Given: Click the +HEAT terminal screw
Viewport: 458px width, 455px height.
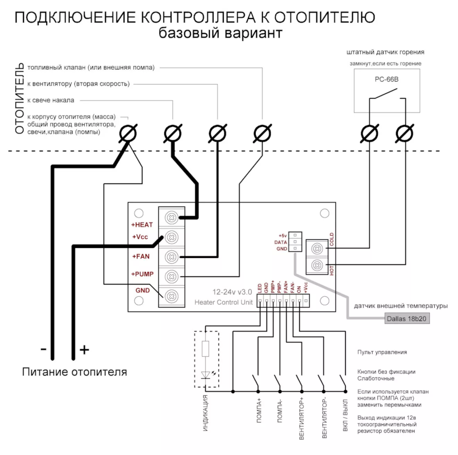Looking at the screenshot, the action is [172, 217].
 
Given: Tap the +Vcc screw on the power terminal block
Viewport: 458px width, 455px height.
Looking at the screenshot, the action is [172, 237].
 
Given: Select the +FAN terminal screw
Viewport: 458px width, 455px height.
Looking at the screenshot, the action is [172, 257].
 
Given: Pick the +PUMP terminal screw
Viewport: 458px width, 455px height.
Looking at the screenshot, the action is [172, 276].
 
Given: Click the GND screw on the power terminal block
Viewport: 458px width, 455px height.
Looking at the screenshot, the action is [172, 296].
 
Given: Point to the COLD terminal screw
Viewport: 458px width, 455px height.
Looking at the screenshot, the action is [317, 249].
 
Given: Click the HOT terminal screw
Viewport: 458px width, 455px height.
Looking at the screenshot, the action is [317, 265].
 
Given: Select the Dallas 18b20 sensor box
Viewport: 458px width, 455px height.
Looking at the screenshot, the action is [407, 319].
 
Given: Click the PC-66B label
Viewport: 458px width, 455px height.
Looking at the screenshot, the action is [387, 79].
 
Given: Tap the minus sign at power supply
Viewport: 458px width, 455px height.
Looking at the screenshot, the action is [43, 349].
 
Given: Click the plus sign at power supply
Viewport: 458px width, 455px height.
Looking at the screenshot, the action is [84, 350].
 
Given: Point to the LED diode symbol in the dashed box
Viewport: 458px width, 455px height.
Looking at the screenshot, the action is [205, 375].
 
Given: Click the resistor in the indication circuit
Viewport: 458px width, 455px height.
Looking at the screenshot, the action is [205, 349].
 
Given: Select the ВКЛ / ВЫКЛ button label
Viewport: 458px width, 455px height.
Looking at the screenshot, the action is [345, 415].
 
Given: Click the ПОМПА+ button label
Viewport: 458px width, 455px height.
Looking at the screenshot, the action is [259, 410].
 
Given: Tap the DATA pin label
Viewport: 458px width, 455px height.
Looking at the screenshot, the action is [281, 242].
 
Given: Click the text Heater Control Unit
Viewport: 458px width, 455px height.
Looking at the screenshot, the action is [223, 302].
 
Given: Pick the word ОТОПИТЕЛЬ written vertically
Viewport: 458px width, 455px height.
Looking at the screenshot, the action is [19, 98].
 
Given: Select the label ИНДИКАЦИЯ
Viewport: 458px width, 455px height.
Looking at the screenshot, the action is [206, 413].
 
